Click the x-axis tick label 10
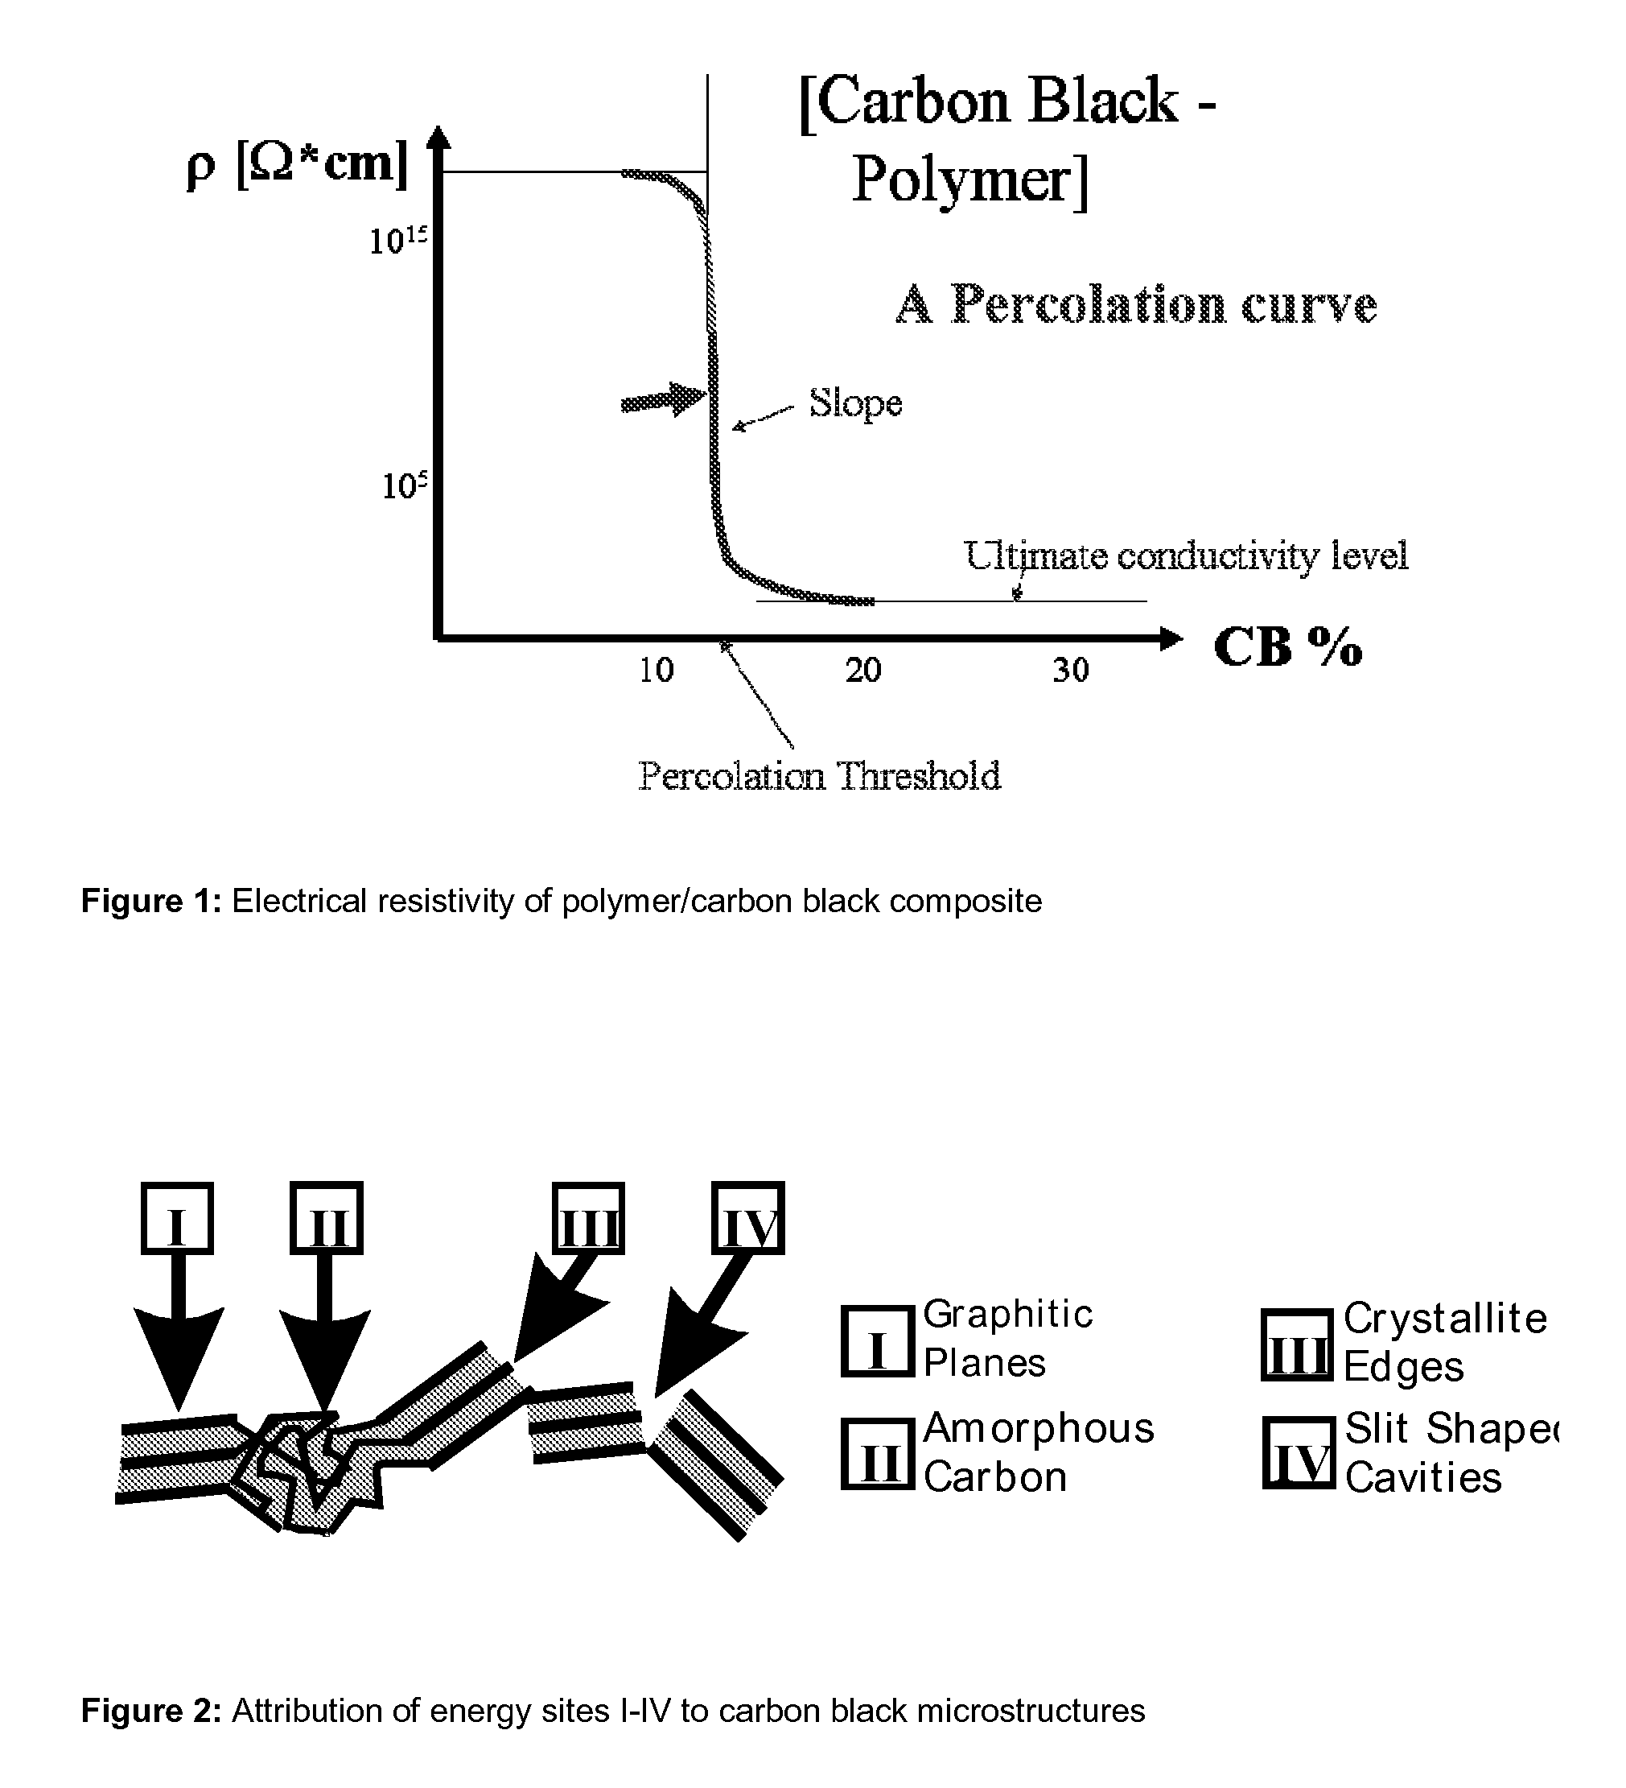[x=656, y=671]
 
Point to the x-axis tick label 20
[x=863, y=671]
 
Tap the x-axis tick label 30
[x=1071, y=671]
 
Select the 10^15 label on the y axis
[x=399, y=241]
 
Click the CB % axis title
[x=1287, y=646]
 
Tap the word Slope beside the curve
[x=855, y=404]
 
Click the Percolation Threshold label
[x=819, y=776]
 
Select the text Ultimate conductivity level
[x=1186, y=556]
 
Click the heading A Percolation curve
[x=1137, y=304]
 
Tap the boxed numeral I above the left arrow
[x=177, y=1218]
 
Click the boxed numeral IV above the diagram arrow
[x=749, y=1218]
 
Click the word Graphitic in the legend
[x=1008, y=1315]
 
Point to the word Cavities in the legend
[x=1424, y=1477]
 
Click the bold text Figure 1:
[x=150, y=901]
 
